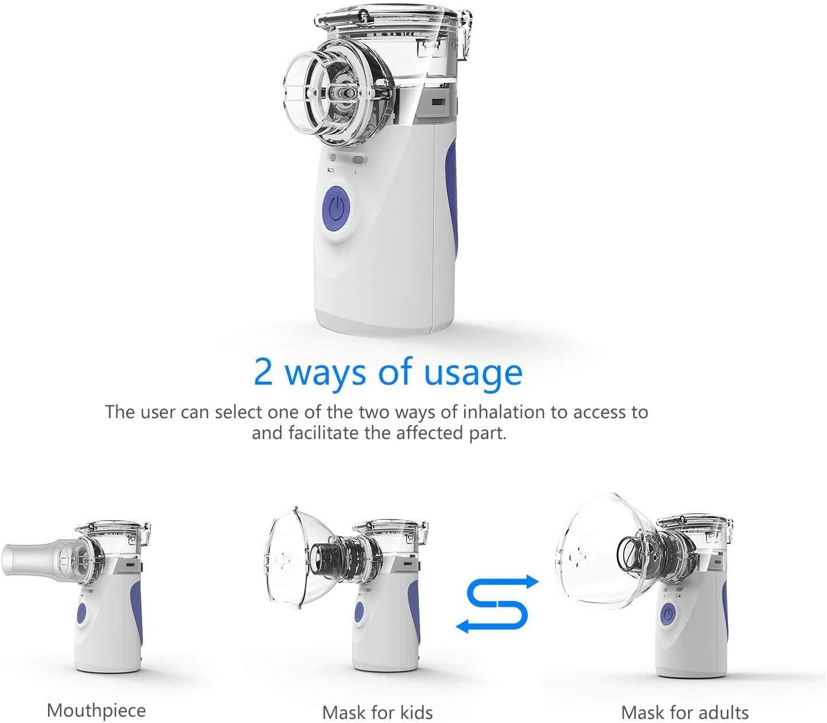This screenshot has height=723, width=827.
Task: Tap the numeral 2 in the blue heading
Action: (263, 372)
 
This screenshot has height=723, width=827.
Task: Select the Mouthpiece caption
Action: (96, 710)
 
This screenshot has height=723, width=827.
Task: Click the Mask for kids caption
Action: (377, 712)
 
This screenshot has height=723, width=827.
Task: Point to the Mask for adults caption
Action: (685, 712)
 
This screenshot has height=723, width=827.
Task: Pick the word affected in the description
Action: (430, 433)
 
